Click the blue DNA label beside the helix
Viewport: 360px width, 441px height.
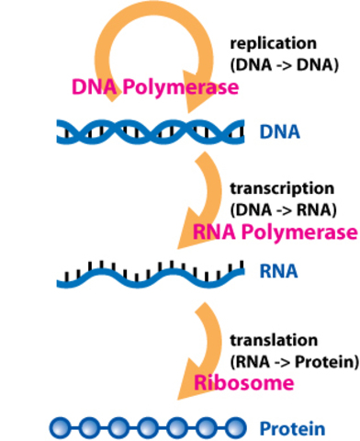click(x=280, y=133)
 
